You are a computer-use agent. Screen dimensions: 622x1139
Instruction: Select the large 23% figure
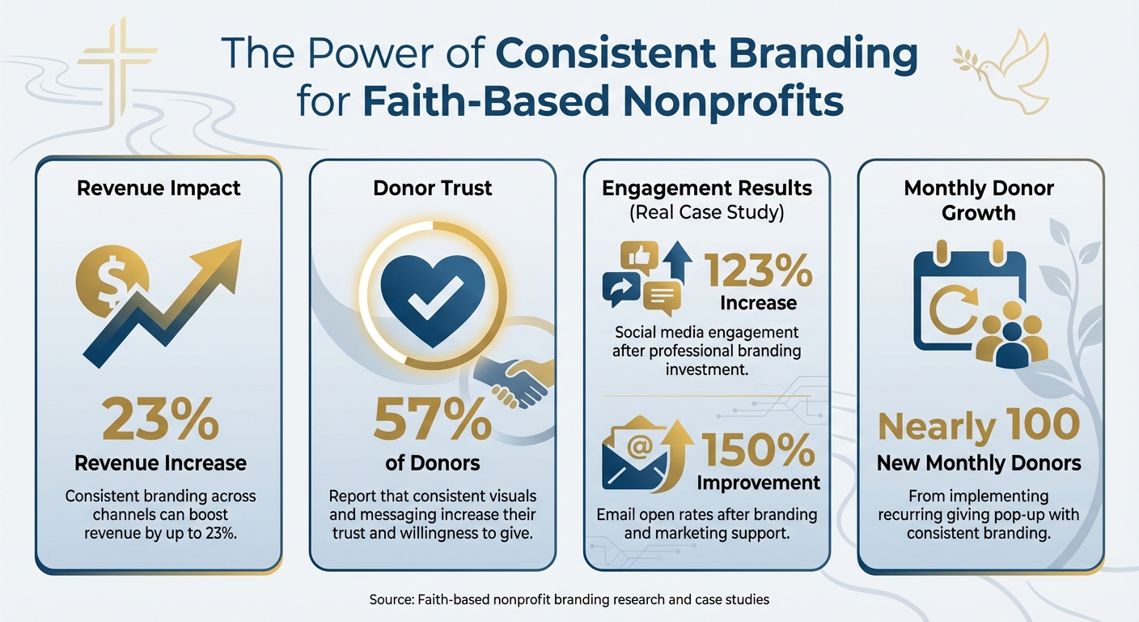click(x=160, y=419)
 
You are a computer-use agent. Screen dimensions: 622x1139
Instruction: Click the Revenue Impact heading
click(x=159, y=189)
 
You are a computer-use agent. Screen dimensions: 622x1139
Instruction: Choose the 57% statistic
click(x=431, y=419)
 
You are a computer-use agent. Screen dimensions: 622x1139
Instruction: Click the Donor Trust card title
click(x=432, y=189)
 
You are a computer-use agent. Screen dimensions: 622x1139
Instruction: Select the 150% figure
click(x=758, y=451)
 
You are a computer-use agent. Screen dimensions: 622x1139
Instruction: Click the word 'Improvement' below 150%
click(x=758, y=483)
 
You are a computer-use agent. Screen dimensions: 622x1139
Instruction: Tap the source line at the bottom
click(x=568, y=600)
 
